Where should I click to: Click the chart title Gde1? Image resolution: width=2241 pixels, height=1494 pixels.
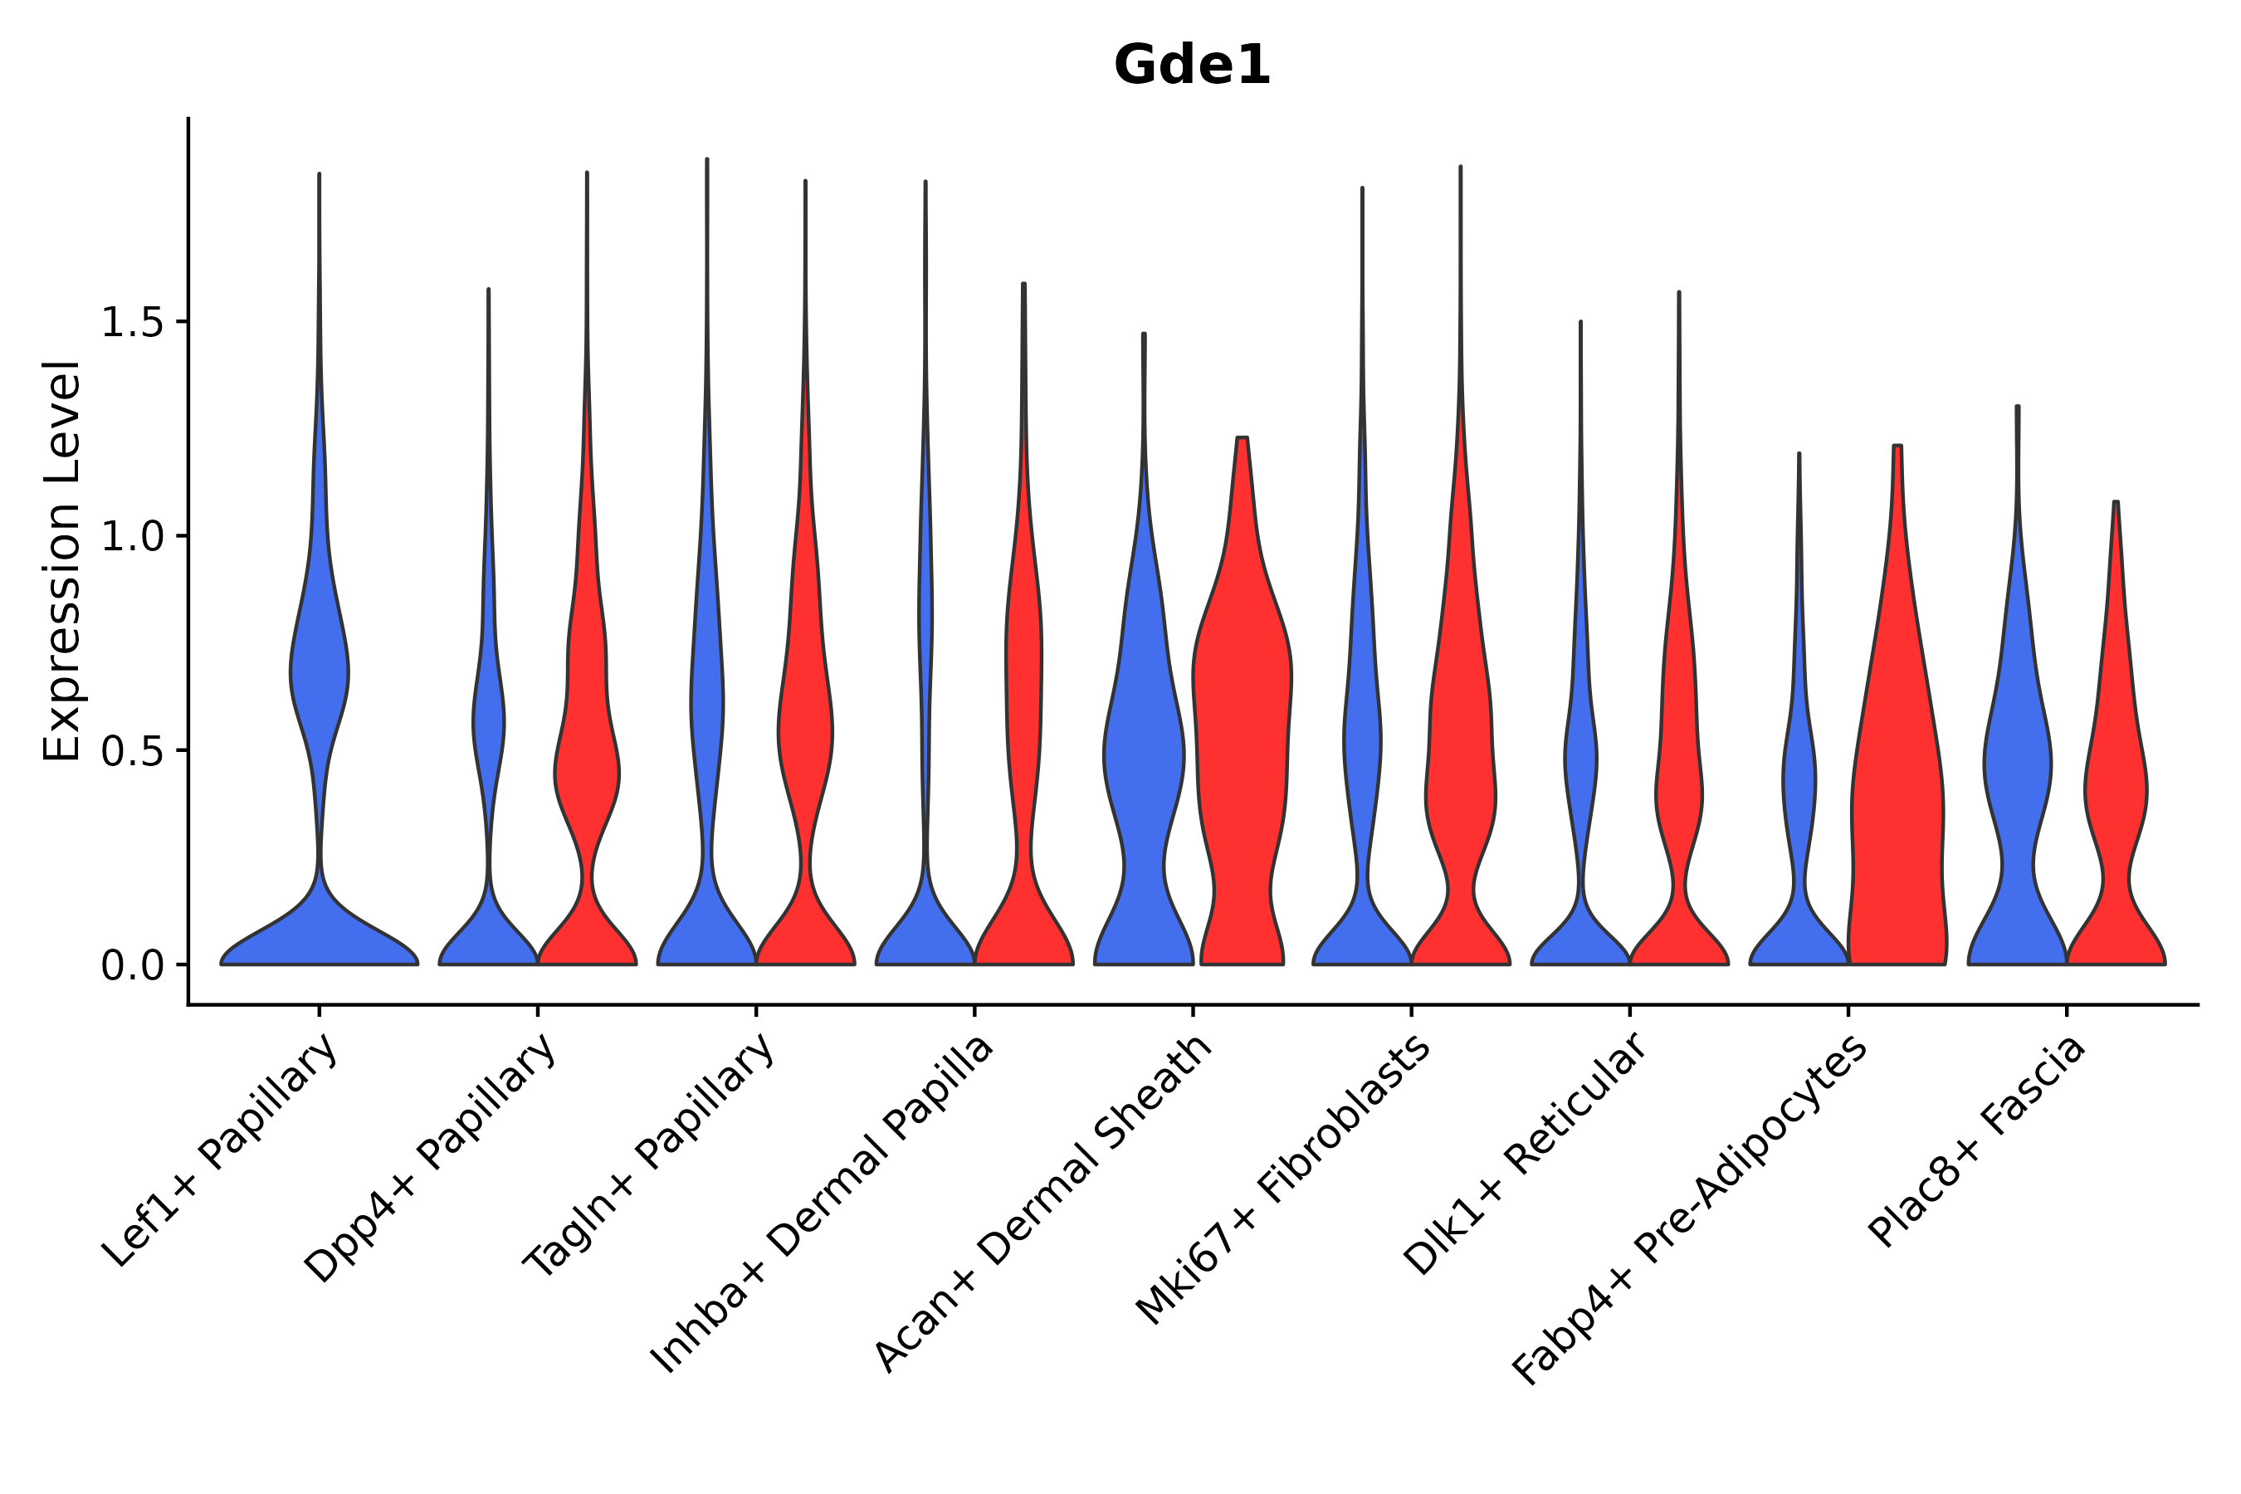1192,66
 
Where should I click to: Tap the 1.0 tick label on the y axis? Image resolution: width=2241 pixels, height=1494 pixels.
130,537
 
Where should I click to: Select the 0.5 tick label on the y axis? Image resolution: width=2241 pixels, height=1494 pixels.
130,752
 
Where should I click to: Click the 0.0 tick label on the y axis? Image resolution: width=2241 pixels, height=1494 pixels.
130,966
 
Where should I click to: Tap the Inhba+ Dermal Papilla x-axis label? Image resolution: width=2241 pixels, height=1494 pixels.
823,1204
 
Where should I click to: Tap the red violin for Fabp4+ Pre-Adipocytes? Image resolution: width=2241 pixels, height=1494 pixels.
1896,810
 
